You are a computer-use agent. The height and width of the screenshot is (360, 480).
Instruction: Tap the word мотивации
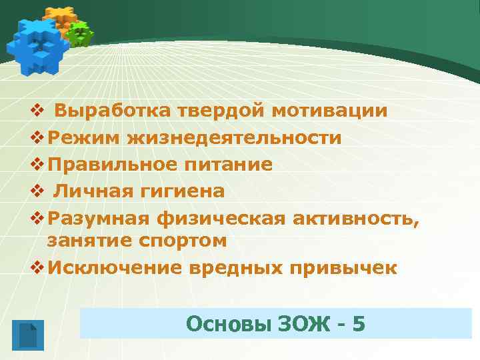[x=329, y=111]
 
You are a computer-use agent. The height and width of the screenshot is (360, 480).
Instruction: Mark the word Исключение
[x=109, y=267]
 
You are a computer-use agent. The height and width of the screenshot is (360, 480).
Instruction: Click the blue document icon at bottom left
[x=27, y=335]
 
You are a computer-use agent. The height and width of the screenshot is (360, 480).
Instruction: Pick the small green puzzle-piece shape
[x=81, y=33]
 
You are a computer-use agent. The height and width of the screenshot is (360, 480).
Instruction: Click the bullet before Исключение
[x=37, y=268]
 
